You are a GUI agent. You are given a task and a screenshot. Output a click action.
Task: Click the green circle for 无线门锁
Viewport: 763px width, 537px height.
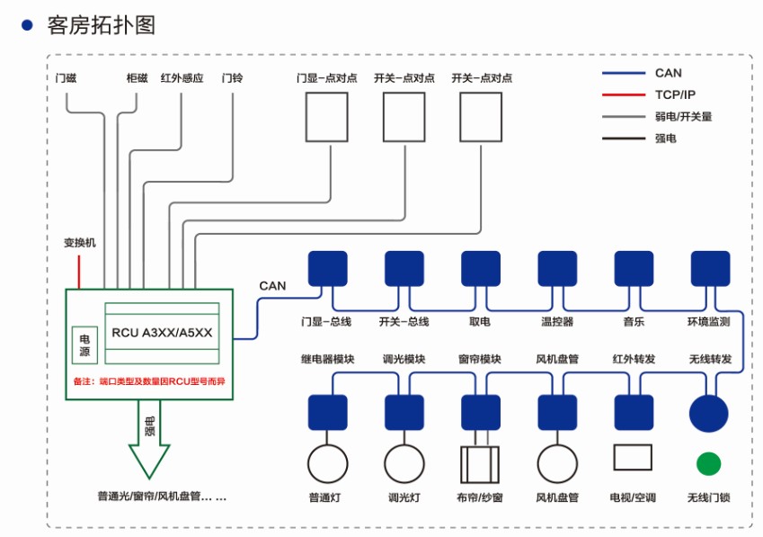708,463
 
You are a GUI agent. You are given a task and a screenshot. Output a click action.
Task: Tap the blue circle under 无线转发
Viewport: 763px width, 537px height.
708,413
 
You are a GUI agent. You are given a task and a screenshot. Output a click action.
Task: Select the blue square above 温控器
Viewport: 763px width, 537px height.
557,269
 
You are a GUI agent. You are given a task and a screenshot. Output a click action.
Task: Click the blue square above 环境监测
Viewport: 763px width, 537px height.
710,269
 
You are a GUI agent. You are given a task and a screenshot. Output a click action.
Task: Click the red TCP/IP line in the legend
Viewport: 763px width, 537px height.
622,95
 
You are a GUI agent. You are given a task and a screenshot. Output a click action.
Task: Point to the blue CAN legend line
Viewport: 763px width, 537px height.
622,74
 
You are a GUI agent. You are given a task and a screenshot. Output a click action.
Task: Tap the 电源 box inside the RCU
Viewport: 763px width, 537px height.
84,340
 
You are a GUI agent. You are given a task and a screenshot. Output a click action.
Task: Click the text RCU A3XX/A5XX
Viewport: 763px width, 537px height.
162,333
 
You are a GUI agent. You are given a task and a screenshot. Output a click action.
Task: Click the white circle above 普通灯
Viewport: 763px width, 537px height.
327,464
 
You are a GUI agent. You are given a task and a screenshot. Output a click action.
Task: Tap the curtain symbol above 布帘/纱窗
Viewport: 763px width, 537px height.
480,464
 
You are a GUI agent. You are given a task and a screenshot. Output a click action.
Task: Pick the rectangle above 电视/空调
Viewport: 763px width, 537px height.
633,458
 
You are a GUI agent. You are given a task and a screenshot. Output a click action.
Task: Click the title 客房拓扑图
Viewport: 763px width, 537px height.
102,25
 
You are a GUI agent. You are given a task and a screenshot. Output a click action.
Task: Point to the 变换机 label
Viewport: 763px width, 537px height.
79,243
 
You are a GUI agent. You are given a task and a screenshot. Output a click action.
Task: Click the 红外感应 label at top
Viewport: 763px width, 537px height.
182,78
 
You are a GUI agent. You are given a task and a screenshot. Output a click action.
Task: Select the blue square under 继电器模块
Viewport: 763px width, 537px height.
327,413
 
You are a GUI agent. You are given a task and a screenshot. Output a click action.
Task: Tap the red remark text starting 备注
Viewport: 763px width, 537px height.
149,381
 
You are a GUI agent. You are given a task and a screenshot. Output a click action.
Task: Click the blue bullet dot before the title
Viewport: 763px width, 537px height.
27,25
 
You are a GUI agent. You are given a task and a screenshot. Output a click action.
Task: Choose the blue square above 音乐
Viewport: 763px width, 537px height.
634,269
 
